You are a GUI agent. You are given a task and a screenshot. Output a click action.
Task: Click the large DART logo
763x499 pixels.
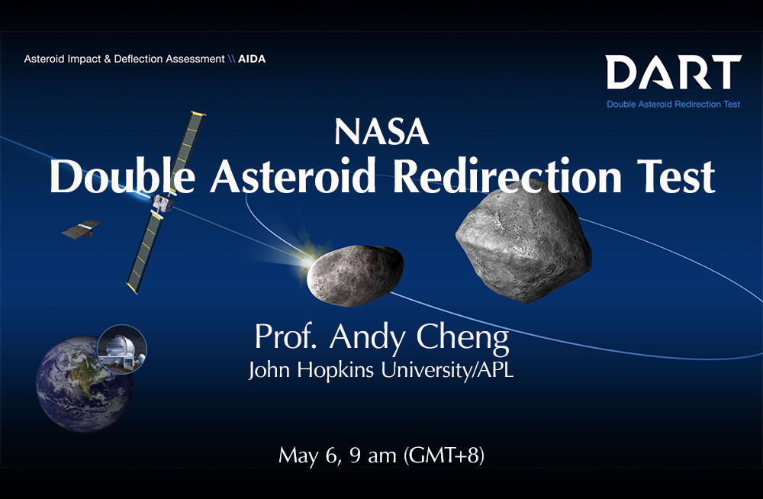[x=674, y=72]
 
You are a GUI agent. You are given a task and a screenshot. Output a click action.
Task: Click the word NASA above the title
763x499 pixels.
[x=381, y=133]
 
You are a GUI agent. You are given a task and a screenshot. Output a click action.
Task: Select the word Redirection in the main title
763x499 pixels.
[x=507, y=176]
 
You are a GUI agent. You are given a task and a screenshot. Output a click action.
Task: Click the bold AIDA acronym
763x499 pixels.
[x=252, y=59]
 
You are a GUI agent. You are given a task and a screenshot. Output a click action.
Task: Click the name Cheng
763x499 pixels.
[x=462, y=337]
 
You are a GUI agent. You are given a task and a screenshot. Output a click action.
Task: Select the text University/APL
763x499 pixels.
[x=447, y=369]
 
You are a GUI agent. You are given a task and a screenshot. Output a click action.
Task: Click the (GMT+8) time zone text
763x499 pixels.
[x=444, y=456]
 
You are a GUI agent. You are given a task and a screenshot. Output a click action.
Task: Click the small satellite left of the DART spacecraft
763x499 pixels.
[x=81, y=230]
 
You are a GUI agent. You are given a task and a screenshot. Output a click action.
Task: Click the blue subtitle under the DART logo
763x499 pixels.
[x=674, y=105]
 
